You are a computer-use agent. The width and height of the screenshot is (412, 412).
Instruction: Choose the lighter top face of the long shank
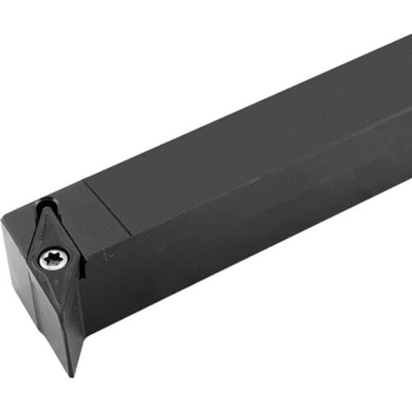[247, 140]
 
